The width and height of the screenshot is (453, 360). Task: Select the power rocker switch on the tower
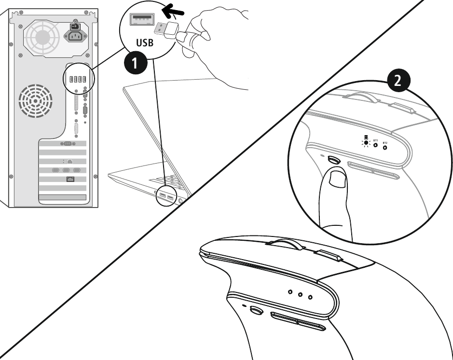pyautogui.click(x=75, y=28)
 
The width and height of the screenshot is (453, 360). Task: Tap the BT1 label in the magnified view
pyautogui.click(x=375, y=138)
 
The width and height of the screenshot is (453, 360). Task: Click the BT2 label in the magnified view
pyautogui.click(x=385, y=143)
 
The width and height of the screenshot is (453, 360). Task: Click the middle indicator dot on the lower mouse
pyautogui.click(x=300, y=293)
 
